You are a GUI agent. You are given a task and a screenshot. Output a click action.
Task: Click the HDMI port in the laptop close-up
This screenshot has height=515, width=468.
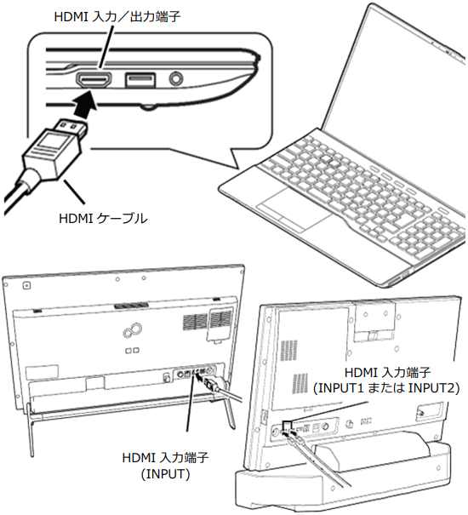[x=94, y=80]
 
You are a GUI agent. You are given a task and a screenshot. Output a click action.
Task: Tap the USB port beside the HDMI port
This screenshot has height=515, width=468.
[x=140, y=80]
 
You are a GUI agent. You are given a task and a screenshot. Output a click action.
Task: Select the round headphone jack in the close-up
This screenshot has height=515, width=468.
[x=176, y=79]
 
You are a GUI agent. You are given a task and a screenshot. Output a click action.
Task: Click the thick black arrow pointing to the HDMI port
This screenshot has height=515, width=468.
[x=84, y=103]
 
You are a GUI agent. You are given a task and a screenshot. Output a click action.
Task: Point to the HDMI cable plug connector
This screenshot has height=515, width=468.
[x=55, y=148]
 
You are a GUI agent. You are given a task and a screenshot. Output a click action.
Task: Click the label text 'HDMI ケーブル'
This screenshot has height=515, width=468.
[x=103, y=219]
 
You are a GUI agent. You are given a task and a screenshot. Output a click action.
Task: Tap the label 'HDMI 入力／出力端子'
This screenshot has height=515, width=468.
[x=117, y=17]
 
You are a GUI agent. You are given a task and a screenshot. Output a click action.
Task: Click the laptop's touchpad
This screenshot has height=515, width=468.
[x=294, y=209]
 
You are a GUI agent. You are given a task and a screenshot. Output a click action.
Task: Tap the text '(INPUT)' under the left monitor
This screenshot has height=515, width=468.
[x=165, y=474]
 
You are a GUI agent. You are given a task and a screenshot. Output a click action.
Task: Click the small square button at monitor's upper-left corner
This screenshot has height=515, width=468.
[x=27, y=285]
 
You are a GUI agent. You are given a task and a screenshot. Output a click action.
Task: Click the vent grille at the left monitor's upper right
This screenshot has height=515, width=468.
[x=208, y=319]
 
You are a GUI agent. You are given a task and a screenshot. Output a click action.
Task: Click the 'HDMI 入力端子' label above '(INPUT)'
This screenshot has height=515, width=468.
[x=165, y=457]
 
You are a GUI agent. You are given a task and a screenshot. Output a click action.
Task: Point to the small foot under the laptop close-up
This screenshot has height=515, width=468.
[x=148, y=106]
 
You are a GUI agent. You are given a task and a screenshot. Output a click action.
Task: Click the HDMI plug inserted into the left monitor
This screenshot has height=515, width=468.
[x=210, y=384]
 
